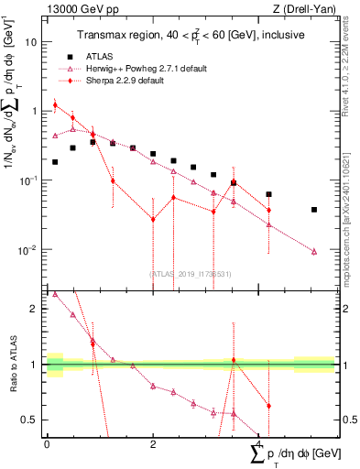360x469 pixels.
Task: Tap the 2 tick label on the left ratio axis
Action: click(35, 309)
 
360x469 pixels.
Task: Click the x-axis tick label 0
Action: click(47, 444)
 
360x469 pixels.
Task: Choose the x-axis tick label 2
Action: click(153, 444)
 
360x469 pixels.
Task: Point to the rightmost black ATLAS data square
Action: click(314, 210)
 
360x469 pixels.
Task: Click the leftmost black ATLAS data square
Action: click(55, 162)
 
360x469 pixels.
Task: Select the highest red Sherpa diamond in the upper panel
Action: click(55, 105)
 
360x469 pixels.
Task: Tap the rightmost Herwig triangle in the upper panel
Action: click(314, 251)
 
